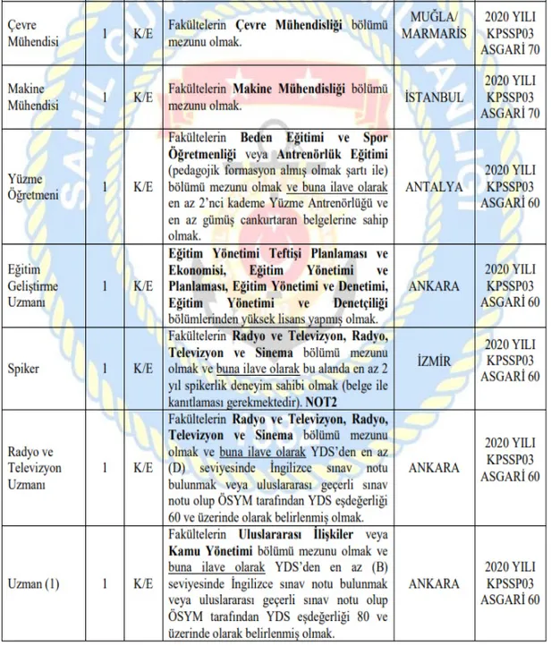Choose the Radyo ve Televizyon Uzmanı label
[x=33, y=466]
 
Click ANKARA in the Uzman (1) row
[x=433, y=583]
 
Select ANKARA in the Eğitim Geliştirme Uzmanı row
[x=433, y=285]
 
